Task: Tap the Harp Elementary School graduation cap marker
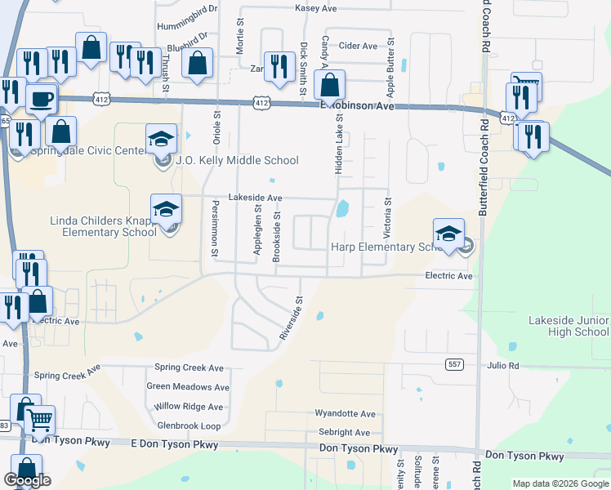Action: pos(448,234)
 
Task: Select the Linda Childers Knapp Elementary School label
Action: pos(103,226)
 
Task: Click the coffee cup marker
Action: pos(40,100)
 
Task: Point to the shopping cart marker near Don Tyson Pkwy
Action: pos(38,421)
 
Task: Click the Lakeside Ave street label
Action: pos(255,198)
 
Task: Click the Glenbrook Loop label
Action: pos(189,425)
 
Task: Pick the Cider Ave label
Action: pos(358,46)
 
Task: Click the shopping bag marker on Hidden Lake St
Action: pos(329,85)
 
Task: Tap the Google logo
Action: pos(27,480)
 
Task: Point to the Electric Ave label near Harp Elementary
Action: pos(448,276)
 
